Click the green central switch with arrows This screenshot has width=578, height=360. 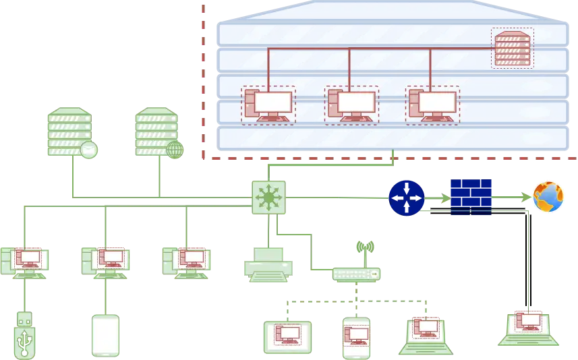268,197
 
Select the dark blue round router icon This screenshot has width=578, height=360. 407,198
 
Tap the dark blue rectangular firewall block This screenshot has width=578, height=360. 471,197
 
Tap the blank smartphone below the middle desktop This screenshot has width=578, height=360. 105,335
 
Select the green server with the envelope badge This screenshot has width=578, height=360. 69,131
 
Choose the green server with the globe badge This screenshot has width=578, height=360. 156,131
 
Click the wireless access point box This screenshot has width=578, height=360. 357,274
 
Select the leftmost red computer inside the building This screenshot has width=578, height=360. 268,105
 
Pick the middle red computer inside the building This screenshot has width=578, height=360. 351,105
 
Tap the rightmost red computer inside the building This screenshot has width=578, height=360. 432,105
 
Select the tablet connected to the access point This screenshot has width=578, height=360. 287,336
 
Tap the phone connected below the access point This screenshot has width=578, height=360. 356,337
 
